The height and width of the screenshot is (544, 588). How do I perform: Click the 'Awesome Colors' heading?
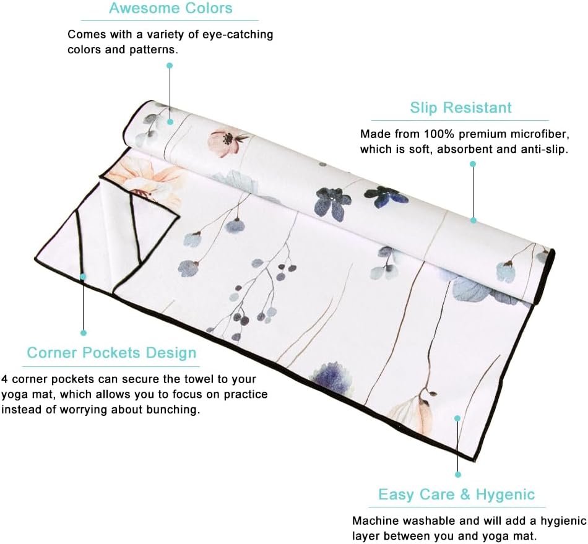point(171,8)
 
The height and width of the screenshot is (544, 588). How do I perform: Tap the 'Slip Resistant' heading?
point(460,108)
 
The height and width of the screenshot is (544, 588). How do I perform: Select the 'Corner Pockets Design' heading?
point(111,353)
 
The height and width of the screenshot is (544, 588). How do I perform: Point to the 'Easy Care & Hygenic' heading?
point(456,494)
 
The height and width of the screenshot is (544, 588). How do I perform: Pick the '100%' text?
point(440,134)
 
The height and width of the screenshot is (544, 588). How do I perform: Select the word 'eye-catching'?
point(238,35)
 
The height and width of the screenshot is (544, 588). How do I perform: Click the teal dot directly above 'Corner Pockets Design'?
point(84,332)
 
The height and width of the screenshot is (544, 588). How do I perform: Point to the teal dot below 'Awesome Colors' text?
point(170,66)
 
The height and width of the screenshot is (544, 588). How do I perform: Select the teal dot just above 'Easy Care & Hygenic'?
point(457,475)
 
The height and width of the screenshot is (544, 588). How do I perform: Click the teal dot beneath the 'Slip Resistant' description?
point(473,164)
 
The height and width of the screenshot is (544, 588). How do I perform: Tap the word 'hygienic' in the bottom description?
point(563,521)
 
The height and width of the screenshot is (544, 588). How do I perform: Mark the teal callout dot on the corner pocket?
point(83,276)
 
